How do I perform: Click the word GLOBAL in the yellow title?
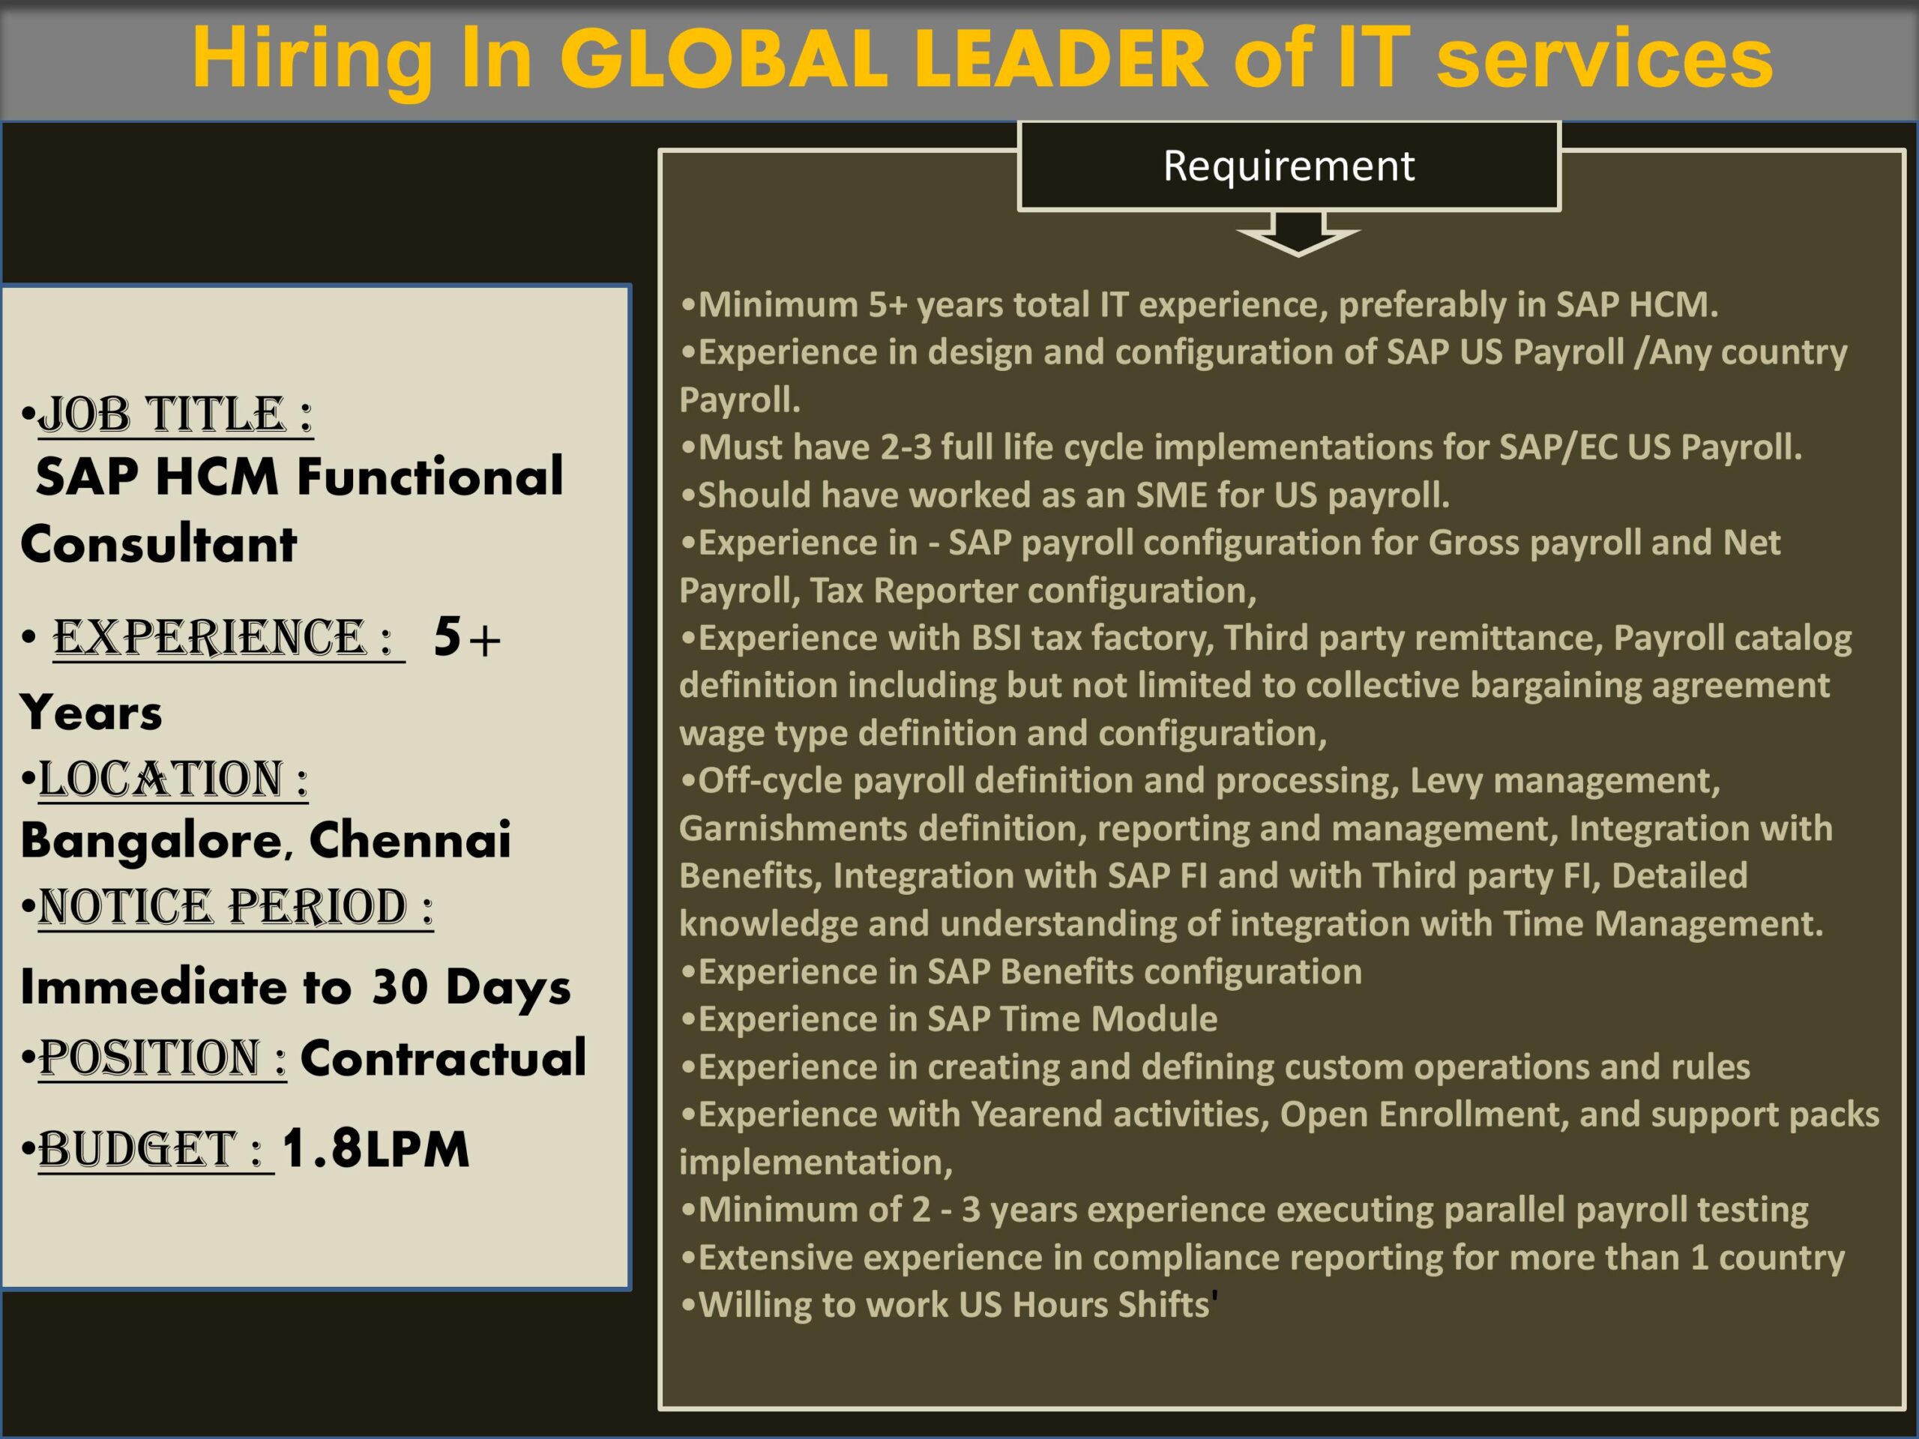click(724, 59)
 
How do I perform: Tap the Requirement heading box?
click(1289, 166)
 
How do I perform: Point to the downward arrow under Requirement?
click(1298, 234)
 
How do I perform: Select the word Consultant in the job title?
click(159, 545)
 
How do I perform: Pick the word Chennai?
click(409, 839)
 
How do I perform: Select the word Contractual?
click(443, 1058)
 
